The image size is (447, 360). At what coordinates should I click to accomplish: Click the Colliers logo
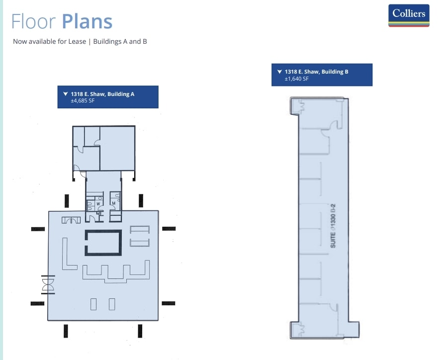408,15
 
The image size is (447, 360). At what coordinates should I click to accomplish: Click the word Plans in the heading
87,21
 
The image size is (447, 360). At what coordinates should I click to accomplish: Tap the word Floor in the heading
34,21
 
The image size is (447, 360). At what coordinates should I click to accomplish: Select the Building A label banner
108,97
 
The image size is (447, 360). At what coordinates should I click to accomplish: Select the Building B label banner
322,75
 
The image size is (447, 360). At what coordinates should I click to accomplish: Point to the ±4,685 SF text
83,101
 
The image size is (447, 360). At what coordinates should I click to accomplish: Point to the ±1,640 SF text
296,79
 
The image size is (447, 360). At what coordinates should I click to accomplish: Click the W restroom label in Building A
98,203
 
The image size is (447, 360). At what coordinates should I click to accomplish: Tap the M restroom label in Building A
113,203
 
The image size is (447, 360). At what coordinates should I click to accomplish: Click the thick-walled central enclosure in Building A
103,242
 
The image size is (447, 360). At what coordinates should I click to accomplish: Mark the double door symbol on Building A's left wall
48,284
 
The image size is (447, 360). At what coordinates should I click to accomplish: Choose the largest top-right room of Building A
117,148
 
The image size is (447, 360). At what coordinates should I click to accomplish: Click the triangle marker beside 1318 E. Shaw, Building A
66,93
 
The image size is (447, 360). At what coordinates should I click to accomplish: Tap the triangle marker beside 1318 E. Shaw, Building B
279,72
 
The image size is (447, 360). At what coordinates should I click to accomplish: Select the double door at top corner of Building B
299,105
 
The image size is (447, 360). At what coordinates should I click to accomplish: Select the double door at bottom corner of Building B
299,328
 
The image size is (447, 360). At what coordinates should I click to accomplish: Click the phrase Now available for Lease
48,42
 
